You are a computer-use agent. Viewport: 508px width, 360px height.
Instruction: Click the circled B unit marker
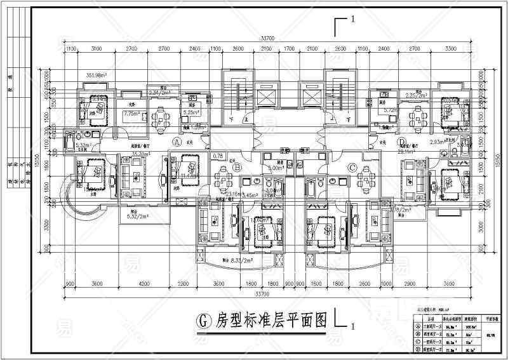pos(236,168)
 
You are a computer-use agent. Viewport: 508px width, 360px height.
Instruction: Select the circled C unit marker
pos(353,168)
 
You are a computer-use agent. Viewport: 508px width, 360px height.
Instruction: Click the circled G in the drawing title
pos(204,319)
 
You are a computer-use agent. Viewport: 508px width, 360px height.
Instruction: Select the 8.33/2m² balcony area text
pos(234,260)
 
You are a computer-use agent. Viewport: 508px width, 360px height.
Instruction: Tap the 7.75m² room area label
pos(132,114)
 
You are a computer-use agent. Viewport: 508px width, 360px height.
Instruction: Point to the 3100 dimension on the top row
pos(97,48)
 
